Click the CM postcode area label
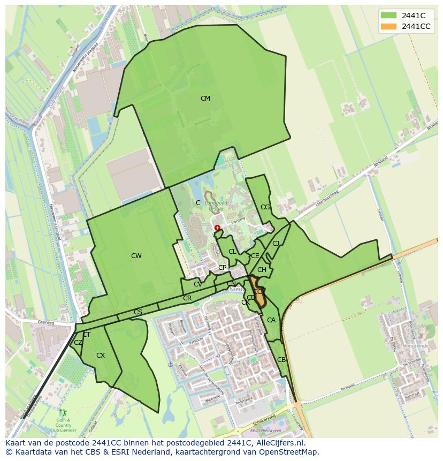205,99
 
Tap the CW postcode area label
136,256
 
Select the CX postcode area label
101,356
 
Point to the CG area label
265,207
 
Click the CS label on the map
138,312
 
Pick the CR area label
187,298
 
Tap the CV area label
198,284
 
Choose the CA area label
271,321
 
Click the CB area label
281,360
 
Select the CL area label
232,252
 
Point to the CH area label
262,270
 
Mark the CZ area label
78,343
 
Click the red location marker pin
217,228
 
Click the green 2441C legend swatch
389,16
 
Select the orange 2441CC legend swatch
389,26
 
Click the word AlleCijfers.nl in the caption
281,443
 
